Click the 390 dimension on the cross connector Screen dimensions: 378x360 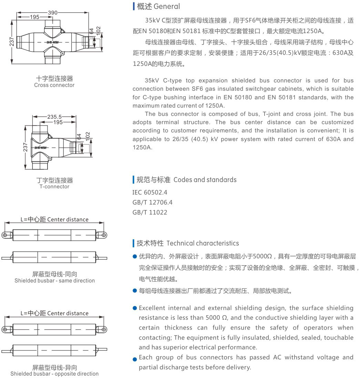coord(53,12)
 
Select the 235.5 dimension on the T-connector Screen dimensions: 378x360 coord(54,117)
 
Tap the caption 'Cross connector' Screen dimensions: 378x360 coord(54,85)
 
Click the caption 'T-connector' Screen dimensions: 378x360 coord(54,187)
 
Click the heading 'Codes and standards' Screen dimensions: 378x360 coord(205,180)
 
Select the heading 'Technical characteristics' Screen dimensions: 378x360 coord(203,243)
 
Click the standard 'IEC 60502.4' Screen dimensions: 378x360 coord(150,192)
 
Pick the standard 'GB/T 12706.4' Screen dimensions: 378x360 coord(152,202)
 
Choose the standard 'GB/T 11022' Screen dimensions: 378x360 coord(150,212)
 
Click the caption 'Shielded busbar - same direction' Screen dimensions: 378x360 coord(54,281)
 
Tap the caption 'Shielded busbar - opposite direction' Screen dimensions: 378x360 coord(54,374)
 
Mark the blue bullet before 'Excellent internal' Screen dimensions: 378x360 coord(135,308)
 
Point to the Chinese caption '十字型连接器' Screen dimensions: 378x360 coord(54,79)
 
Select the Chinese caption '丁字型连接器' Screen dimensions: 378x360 coord(54,180)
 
